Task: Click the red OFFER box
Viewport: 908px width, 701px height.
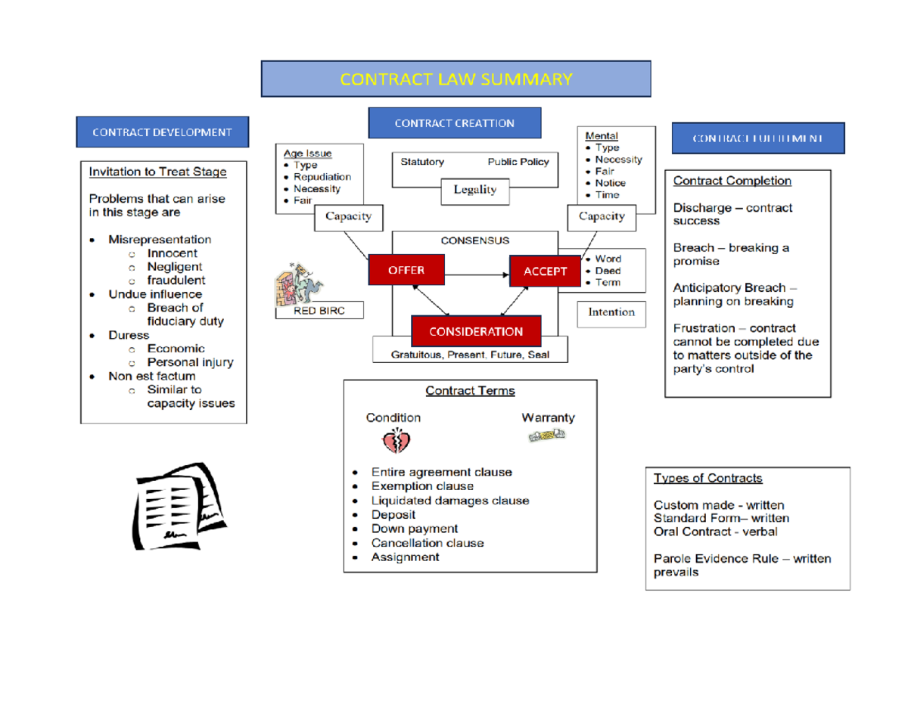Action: (x=406, y=270)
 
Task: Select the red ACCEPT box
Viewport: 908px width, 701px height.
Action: (x=545, y=271)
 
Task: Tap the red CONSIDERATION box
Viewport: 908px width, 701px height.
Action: (x=476, y=331)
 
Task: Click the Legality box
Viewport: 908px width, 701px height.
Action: (x=474, y=190)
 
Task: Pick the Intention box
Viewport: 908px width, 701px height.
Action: (x=611, y=312)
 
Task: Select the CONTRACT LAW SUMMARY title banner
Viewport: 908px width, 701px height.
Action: (x=456, y=79)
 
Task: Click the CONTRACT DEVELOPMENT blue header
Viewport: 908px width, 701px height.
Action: (x=162, y=132)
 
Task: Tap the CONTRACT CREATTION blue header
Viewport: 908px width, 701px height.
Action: (x=454, y=123)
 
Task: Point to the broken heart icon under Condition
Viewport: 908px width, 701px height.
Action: (x=395, y=441)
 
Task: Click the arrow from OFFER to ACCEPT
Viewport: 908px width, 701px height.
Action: (x=477, y=271)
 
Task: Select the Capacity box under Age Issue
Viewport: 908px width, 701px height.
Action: (x=348, y=217)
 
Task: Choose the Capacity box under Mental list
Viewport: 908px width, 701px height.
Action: (x=602, y=217)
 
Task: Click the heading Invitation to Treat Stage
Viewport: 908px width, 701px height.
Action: (x=157, y=172)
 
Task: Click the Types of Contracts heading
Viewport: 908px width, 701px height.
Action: (x=707, y=478)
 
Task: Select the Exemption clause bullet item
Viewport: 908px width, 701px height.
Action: (x=421, y=486)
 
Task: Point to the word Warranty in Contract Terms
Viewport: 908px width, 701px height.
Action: (x=548, y=417)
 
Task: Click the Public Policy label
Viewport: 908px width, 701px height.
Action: (x=518, y=162)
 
